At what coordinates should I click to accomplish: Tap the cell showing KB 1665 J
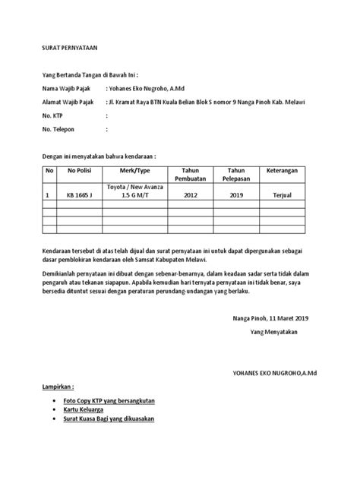tap(80, 195)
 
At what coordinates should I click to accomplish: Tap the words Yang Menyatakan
tap(276, 333)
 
